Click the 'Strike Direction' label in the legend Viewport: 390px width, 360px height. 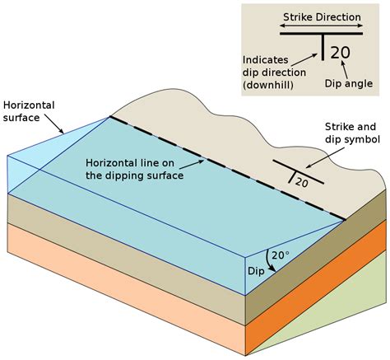tap(323, 16)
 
